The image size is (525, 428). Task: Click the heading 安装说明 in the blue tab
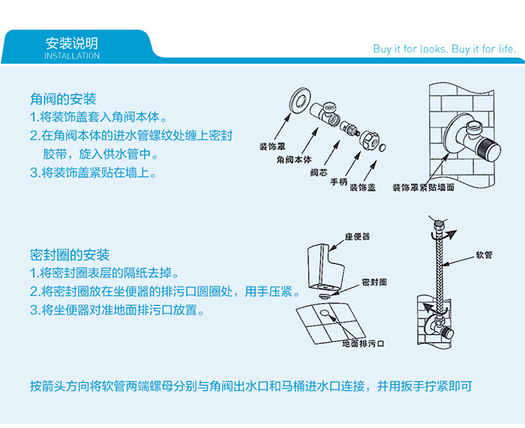click(71, 43)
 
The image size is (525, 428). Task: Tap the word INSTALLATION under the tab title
click(72, 56)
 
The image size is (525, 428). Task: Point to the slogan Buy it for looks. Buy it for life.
click(444, 49)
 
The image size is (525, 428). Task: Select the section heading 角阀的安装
click(63, 99)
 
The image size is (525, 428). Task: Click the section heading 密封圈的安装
click(69, 255)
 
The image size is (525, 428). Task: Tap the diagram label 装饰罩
click(272, 147)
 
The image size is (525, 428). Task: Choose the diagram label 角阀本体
click(293, 159)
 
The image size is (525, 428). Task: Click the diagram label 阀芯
click(318, 173)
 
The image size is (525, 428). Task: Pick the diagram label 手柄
click(339, 182)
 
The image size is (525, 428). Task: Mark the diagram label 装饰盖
click(363, 187)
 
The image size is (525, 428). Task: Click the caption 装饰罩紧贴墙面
click(423, 187)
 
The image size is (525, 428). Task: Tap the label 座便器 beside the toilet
click(357, 236)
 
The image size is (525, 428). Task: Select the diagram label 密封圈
click(374, 282)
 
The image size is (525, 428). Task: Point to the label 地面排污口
click(363, 343)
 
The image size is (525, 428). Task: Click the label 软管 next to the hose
click(484, 255)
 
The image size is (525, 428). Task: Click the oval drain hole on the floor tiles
click(324, 313)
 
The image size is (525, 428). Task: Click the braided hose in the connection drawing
click(440, 268)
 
